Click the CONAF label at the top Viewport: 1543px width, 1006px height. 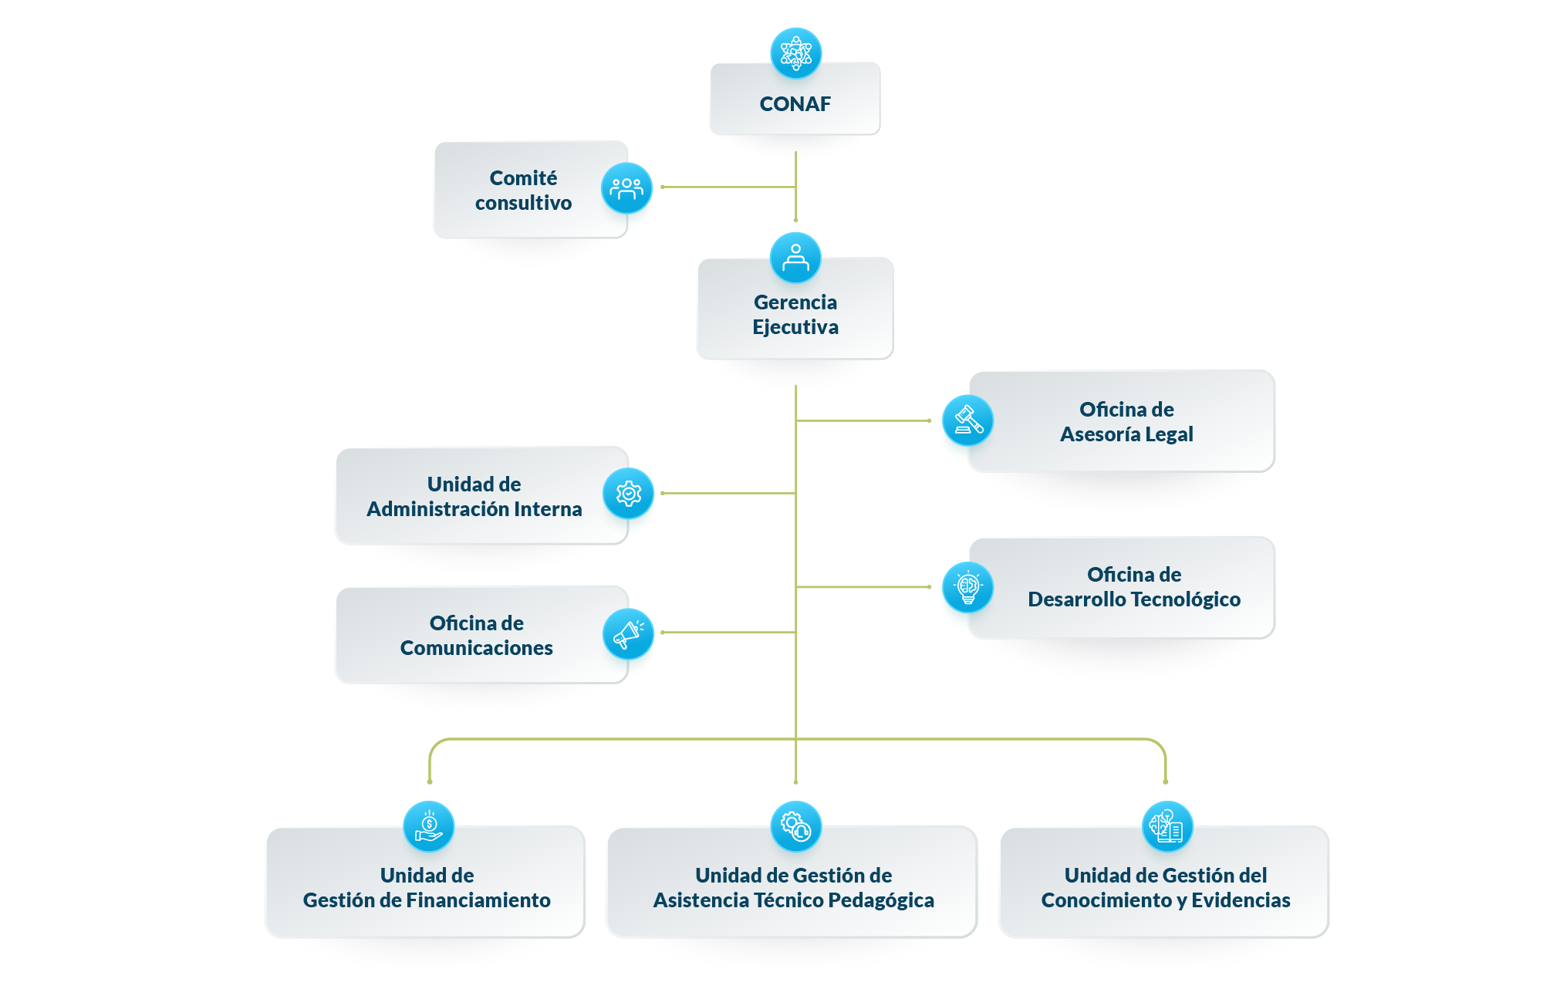click(x=795, y=103)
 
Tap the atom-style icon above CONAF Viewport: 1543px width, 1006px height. click(x=796, y=53)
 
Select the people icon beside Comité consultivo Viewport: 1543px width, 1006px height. click(x=626, y=187)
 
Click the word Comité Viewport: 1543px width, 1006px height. click(x=523, y=177)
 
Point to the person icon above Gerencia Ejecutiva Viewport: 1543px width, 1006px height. click(x=795, y=257)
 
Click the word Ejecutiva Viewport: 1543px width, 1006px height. click(x=795, y=327)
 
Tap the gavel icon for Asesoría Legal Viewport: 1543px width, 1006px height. click(x=967, y=420)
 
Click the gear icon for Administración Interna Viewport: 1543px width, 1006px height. click(x=628, y=493)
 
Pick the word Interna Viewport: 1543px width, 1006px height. click(x=547, y=509)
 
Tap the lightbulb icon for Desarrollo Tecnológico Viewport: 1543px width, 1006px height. click(x=967, y=587)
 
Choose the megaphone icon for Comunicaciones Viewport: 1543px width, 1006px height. click(x=628, y=634)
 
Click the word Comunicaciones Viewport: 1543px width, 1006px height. click(x=476, y=648)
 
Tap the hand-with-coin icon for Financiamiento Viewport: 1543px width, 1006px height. click(x=429, y=826)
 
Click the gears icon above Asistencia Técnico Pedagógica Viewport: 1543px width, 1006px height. click(x=796, y=826)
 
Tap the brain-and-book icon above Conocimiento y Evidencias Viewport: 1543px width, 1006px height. click(x=1167, y=826)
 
